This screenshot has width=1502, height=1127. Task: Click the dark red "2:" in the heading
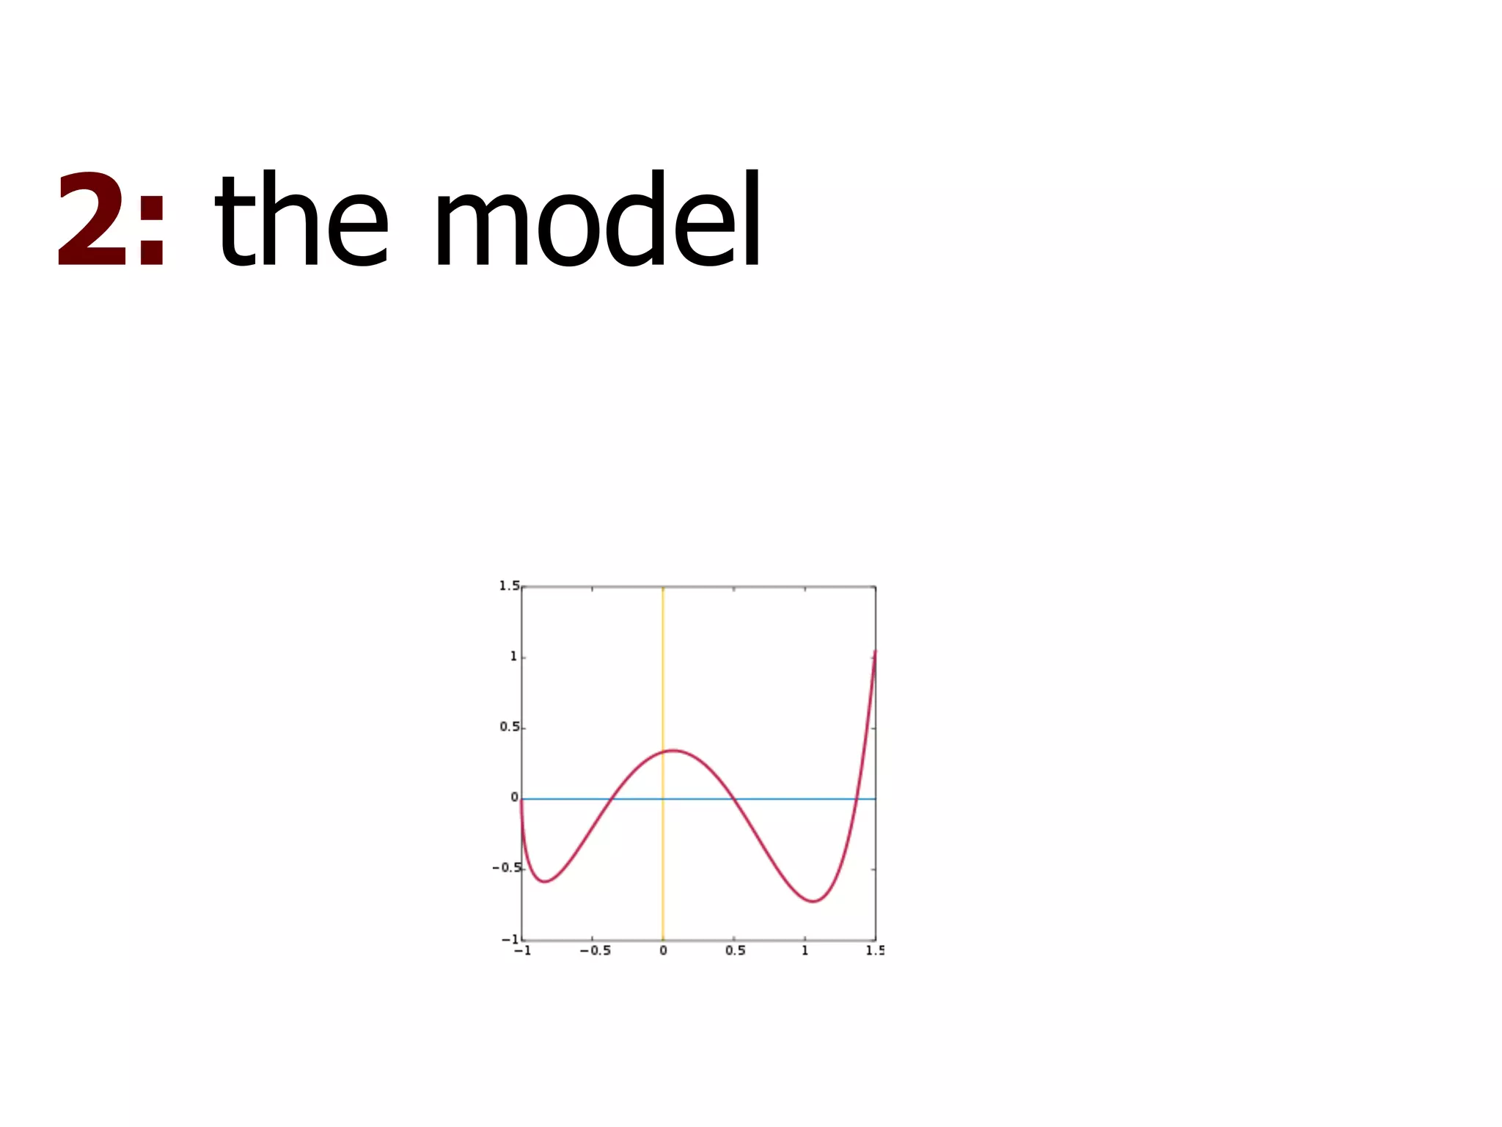pyautogui.click(x=111, y=220)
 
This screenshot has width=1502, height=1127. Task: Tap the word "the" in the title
pyautogui.click(x=301, y=220)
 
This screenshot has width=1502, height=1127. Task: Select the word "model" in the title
pyautogui.click(x=598, y=220)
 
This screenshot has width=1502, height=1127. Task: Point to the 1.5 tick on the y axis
pyautogui.click(x=509, y=586)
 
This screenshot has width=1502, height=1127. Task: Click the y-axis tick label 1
pyautogui.click(x=513, y=657)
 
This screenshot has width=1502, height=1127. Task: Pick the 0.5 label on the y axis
pyautogui.click(x=509, y=727)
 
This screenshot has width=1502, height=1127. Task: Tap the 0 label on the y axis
pyautogui.click(x=514, y=798)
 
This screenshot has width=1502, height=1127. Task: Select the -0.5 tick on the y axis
pyautogui.click(x=506, y=868)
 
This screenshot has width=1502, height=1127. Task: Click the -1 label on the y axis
pyautogui.click(x=510, y=939)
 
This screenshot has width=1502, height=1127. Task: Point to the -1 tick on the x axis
pyautogui.click(x=522, y=951)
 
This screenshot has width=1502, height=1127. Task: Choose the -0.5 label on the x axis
pyautogui.click(x=595, y=951)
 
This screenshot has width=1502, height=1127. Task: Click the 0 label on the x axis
pyautogui.click(x=663, y=951)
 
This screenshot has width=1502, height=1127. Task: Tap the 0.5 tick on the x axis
pyautogui.click(x=735, y=951)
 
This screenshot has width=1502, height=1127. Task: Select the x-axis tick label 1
pyautogui.click(x=805, y=951)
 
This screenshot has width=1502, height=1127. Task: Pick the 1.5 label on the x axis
pyautogui.click(x=874, y=951)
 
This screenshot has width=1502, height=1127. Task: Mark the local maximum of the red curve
pyautogui.click(x=673, y=750)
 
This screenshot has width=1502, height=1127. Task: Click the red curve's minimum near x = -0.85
pyautogui.click(x=544, y=881)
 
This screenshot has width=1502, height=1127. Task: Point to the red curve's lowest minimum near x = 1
pyautogui.click(x=814, y=901)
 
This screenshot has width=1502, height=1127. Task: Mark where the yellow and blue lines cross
pyautogui.click(x=663, y=798)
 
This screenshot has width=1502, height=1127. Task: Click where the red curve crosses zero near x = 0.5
pyautogui.click(x=732, y=798)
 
